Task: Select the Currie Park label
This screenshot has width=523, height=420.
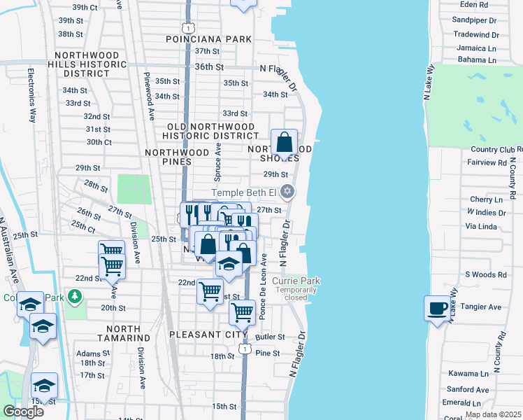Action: (x=296, y=281)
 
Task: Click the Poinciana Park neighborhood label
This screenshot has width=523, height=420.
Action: (x=208, y=39)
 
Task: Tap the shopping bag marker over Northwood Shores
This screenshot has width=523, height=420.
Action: (x=285, y=143)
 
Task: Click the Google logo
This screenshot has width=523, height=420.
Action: (x=23, y=411)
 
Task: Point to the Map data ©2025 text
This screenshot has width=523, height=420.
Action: (x=493, y=414)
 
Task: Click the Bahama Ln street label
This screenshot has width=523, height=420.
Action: (x=477, y=60)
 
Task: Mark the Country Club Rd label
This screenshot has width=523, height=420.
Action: (x=496, y=150)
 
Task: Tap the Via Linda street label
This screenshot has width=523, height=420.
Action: (x=480, y=227)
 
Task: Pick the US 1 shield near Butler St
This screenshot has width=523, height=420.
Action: (x=243, y=348)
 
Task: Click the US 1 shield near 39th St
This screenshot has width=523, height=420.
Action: (x=187, y=27)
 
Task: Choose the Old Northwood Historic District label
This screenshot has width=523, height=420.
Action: (x=213, y=131)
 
